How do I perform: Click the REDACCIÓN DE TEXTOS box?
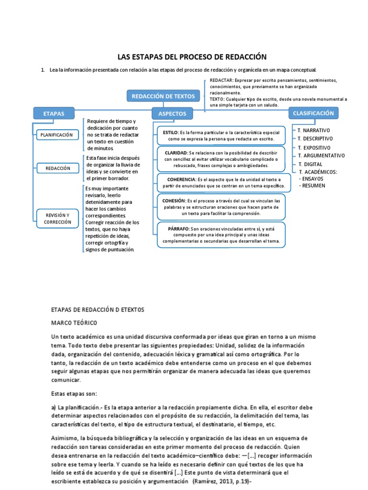(163, 96)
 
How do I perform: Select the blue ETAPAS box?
(53, 113)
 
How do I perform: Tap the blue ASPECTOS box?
(172, 113)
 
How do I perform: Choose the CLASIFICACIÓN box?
(313, 113)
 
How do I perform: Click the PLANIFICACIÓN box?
(57, 135)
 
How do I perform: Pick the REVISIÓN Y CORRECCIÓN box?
(57, 219)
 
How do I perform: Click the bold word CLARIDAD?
(176, 152)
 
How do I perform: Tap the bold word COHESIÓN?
(173, 200)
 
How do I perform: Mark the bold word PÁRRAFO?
(179, 229)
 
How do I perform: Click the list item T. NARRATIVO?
(314, 130)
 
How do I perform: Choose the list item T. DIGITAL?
(310, 164)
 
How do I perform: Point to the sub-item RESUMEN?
(313, 185)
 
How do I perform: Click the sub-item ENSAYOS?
(313, 178)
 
